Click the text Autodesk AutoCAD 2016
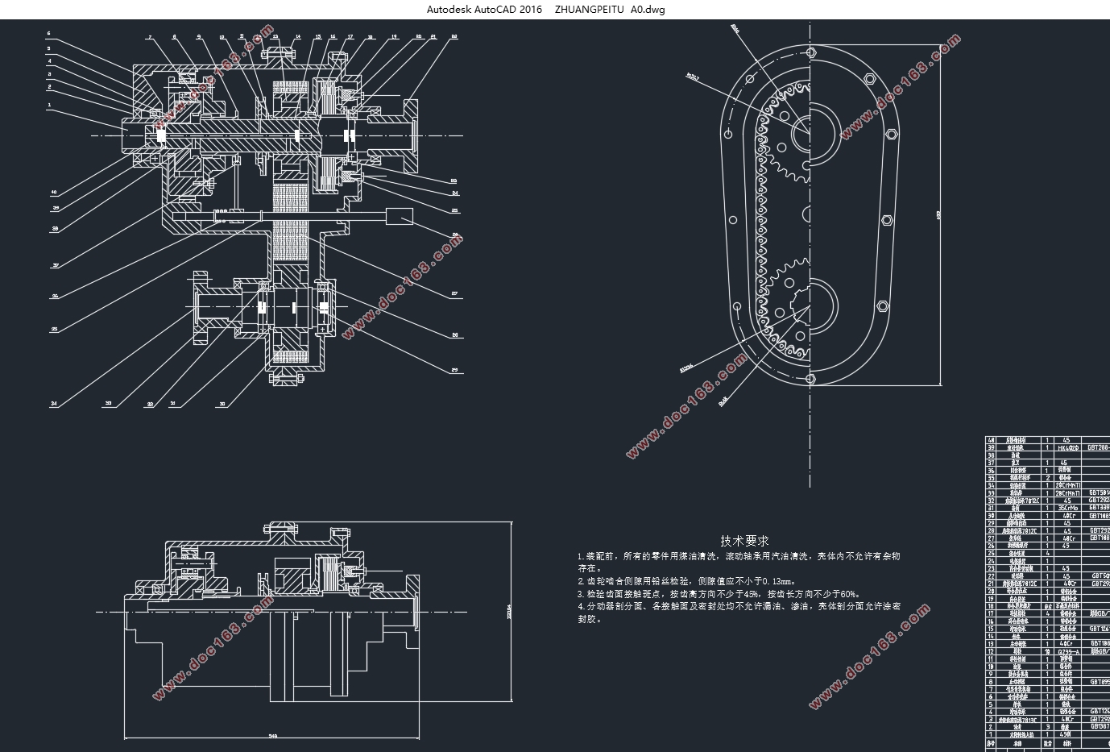[485, 9]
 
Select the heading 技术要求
[744, 541]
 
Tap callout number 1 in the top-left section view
[48, 104]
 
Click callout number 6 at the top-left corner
[48, 34]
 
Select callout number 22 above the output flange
[454, 36]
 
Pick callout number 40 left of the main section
[54, 192]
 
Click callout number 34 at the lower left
[54, 403]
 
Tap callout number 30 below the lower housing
[222, 403]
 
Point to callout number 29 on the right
[454, 370]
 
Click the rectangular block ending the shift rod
[400, 216]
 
